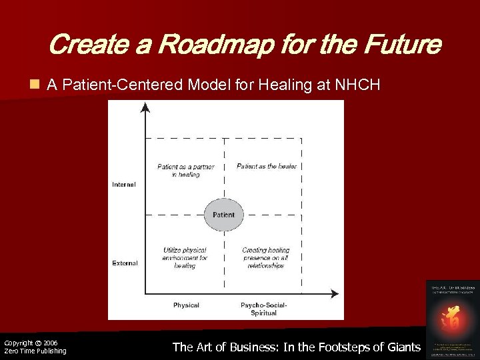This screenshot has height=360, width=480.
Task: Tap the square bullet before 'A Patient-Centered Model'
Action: pyautogui.click(x=34, y=85)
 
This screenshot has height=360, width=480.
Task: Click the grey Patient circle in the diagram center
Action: pyautogui.click(x=223, y=215)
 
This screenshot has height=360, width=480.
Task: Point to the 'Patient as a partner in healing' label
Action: pyautogui.click(x=185, y=170)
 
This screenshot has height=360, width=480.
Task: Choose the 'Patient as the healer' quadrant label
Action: pyautogui.click(x=267, y=166)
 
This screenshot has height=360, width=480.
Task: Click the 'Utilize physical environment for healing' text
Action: pyautogui.click(x=185, y=257)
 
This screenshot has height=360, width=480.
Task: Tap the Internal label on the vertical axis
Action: pyautogui.click(x=124, y=185)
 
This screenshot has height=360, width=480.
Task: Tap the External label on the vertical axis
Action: pyautogui.click(x=125, y=263)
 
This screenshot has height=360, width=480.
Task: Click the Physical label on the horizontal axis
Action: pyautogui.click(x=186, y=305)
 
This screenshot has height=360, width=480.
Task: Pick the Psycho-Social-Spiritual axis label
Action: pyautogui.click(x=263, y=309)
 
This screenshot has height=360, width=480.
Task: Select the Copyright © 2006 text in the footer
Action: pyautogui.click(x=31, y=343)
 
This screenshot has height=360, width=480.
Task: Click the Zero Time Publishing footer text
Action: pyautogui.click(x=35, y=351)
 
